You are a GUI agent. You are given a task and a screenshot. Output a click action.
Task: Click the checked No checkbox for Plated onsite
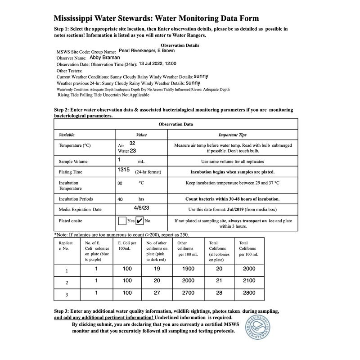pos(139,221)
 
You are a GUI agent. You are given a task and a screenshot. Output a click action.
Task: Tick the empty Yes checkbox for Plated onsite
pos(122,221)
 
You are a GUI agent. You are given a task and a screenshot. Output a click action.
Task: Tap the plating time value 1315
pos(123,171)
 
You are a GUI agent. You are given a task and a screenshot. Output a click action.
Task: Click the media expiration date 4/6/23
pos(142,208)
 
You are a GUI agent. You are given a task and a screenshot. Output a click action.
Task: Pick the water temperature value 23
pos(133,151)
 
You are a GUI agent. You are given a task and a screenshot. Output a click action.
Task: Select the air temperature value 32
pos(132,143)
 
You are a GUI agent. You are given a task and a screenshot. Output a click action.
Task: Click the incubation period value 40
pos(120,198)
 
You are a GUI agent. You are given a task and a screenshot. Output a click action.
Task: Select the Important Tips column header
pos(232,135)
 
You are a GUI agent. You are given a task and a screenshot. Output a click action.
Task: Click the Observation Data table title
pos(175,124)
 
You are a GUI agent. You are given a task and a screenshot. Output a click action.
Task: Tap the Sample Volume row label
pos(73,161)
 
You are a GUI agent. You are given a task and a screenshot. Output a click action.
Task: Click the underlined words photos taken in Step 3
pos(227,311)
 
